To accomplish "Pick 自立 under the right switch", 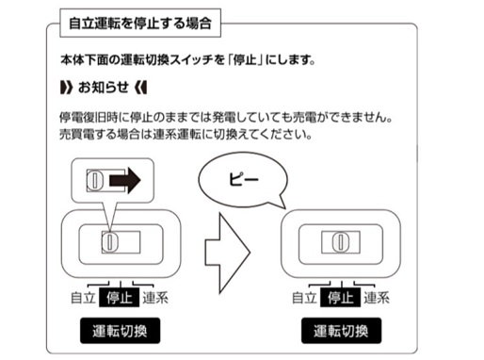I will (303, 300).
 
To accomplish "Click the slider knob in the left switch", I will (110, 241).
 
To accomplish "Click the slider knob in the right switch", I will (341, 242).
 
